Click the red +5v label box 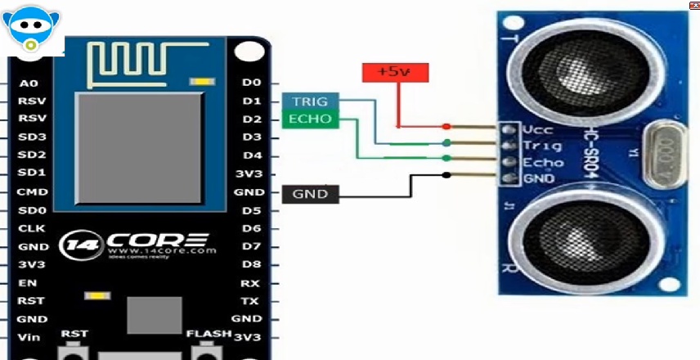pyautogui.click(x=393, y=72)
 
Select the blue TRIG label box pyautogui.click(x=309, y=101)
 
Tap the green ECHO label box pyautogui.click(x=309, y=119)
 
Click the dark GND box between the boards pyautogui.click(x=309, y=194)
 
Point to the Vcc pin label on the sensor pyautogui.click(x=539, y=130)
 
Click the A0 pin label pyautogui.click(x=29, y=83)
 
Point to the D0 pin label pyautogui.click(x=251, y=83)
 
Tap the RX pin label pyautogui.click(x=250, y=283)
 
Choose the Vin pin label pyautogui.click(x=29, y=337)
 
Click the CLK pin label pyautogui.click(x=31, y=228)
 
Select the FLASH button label pyautogui.click(x=208, y=334)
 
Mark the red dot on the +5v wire pyautogui.click(x=446, y=127)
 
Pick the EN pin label pyautogui.click(x=29, y=282)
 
